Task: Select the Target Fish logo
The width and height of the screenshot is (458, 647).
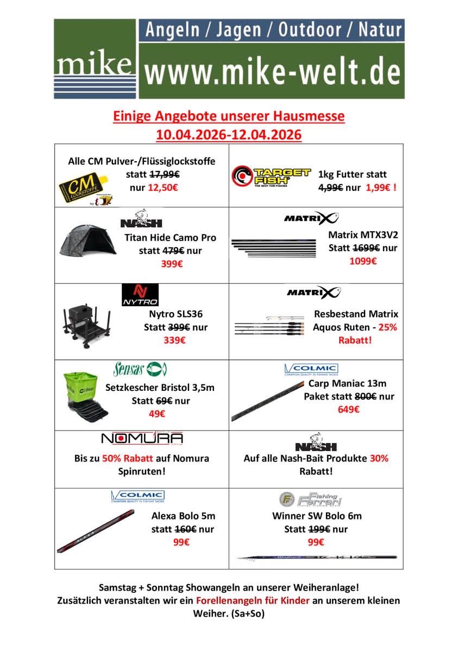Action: [x=271, y=177]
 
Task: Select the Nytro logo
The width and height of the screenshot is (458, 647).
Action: [x=140, y=294]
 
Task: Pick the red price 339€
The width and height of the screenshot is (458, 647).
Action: [x=174, y=340]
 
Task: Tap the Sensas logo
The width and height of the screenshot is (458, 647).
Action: [x=140, y=370]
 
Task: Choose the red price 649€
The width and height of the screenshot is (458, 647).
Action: [x=348, y=409]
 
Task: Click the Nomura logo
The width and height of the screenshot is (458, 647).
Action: [x=142, y=439]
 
